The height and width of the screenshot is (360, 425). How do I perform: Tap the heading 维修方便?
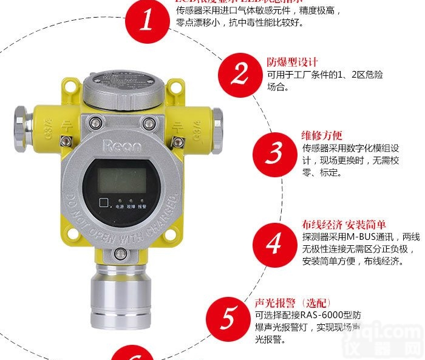tap(322, 135)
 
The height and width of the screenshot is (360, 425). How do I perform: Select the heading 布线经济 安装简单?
tap(344, 224)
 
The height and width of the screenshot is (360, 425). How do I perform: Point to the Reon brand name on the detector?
tap(122, 146)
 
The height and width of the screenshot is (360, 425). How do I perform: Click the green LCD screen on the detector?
tap(122, 180)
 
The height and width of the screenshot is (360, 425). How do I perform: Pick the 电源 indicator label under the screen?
tap(119, 206)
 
